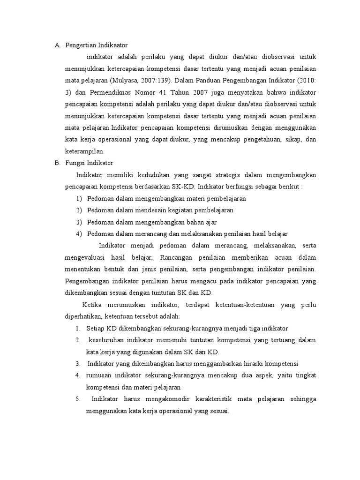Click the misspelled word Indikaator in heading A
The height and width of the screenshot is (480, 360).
point(110,45)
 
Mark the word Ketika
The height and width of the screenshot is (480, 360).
point(92,305)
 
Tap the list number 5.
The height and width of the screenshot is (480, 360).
point(78,399)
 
